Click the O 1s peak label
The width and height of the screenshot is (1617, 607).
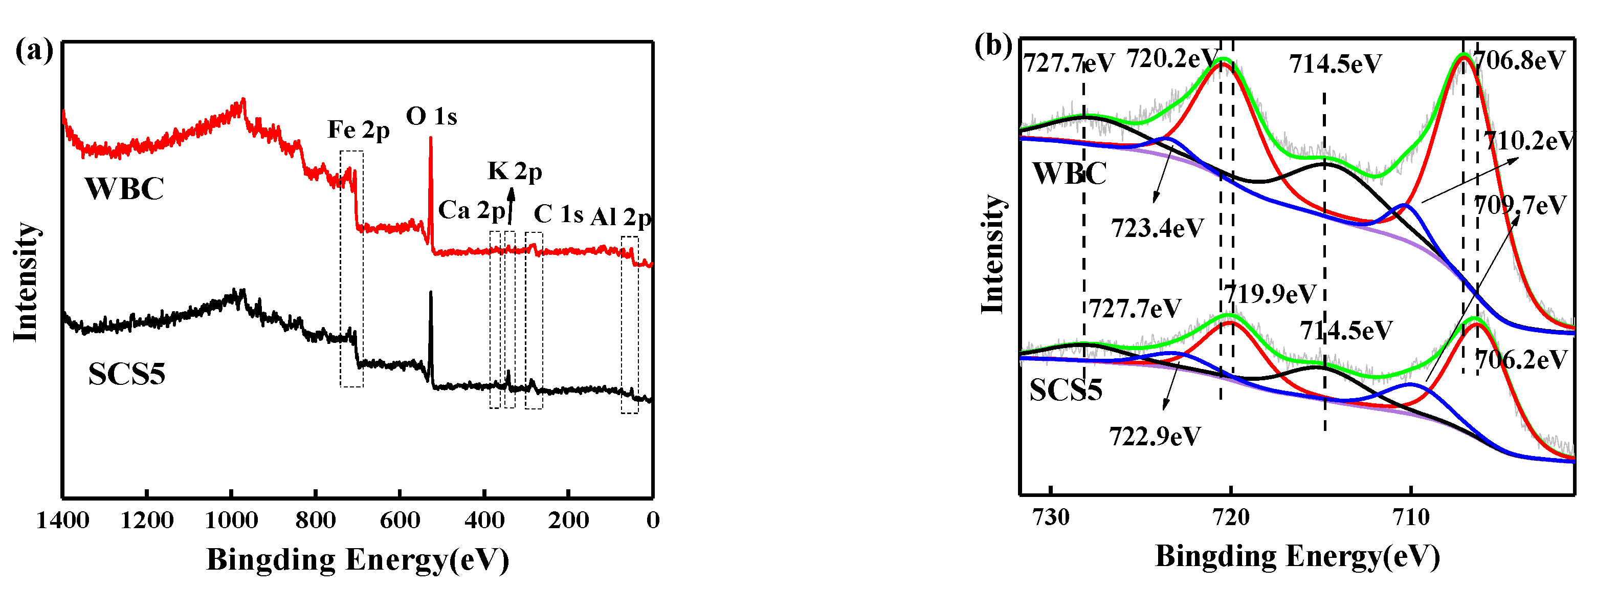coord(431,117)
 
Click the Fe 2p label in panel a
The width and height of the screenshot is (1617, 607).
coord(359,130)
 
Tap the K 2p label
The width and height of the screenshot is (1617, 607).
coord(515,171)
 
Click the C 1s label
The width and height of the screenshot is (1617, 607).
coord(558,214)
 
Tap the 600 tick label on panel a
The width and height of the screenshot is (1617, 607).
coord(400,521)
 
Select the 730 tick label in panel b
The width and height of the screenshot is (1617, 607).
coord(1051,517)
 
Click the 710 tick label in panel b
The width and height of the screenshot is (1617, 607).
coord(1411,517)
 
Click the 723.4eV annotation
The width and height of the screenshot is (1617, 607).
coord(1158,228)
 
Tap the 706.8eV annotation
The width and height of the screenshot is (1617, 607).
coord(1519,61)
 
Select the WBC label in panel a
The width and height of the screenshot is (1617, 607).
coord(124,189)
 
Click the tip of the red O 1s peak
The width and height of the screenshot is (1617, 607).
coord(431,139)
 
